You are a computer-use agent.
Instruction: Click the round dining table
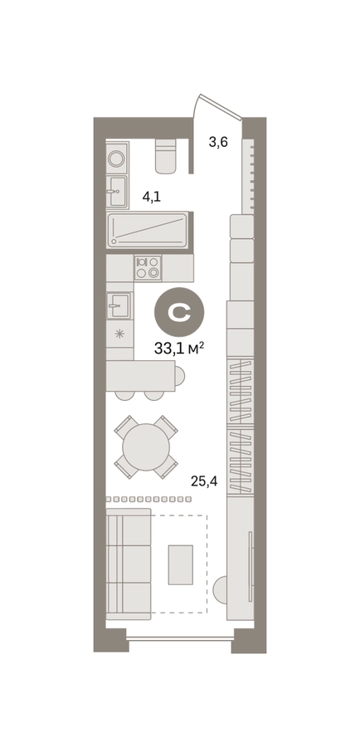pyautogui.click(x=146, y=447)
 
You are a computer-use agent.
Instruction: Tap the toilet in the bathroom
pyautogui.click(x=166, y=156)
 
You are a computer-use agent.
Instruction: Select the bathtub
pyautogui.click(x=148, y=230)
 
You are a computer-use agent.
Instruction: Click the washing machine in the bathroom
pyautogui.click(x=117, y=158)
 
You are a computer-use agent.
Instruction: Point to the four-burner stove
pyautogui.click(x=148, y=267)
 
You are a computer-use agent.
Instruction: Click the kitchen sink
pyautogui.click(x=119, y=305)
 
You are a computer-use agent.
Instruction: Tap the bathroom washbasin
pyautogui.click(x=117, y=192)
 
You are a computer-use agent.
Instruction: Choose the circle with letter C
pyautogui.click(x=179, y=313)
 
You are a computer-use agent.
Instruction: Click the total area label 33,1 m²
pyautogui.click(x=179, y=349)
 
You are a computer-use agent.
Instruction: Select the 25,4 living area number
pyautogui.click(x=204, y=481)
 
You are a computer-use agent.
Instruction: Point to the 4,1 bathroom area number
pyautogui.click(x=152, y=197)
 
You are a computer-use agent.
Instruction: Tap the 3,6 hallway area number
pyautogui.click(x=218, y=142)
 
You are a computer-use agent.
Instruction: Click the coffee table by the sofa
pyautogui.click(x=181, y=564)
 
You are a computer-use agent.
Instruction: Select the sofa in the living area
pyautogui.click(x=129, y=564)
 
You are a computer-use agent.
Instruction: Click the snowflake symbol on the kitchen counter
pyautogui.click(x=119, y=334)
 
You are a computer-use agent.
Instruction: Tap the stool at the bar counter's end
pyautogui.click(x=179, y=376)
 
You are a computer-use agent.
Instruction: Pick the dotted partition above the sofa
pyautogui.click(x=148, y=499)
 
